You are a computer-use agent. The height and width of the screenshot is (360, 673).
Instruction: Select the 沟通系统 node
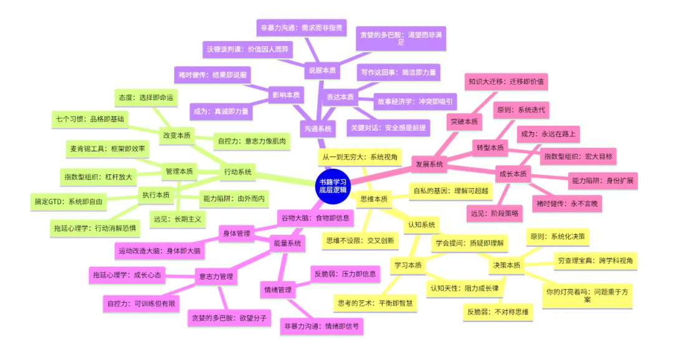pos(318,129)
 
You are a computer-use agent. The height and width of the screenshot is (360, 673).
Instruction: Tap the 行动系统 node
pos(237,172)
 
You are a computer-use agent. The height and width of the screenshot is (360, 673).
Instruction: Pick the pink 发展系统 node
pos(429,164)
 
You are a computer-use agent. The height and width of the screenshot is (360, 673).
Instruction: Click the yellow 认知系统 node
pos(422,224)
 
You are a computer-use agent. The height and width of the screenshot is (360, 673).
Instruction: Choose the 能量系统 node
pos(287,243)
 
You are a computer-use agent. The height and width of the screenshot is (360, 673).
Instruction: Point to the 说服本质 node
pos(322,70)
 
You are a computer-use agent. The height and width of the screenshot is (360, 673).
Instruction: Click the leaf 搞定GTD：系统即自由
pos(69,202)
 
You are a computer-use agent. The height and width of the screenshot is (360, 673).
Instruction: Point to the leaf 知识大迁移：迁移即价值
pos(507,81)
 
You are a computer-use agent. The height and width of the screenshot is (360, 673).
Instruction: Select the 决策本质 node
pos(506,265)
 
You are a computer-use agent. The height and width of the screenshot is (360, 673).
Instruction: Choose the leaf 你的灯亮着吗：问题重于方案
pos(588,295)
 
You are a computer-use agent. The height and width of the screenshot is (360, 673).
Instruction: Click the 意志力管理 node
pos(214,276)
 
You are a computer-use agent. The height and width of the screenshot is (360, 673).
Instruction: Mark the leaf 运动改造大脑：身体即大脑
pos(159,251)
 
